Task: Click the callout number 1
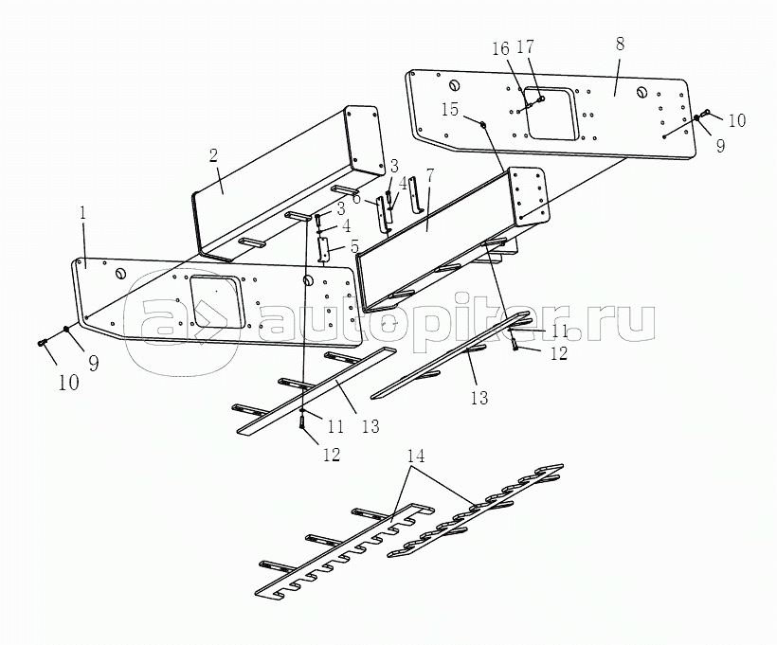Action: coord(83,213)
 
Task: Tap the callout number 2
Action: coord(213,155)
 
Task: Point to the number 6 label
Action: coord(357,199)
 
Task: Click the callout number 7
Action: coord(430,176)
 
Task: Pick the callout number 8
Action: coord(620,44)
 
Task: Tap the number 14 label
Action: coord(416,456)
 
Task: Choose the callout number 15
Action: coord(450,110)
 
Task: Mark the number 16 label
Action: coord(500,48)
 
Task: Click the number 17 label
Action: coord(525,47)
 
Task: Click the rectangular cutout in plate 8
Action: coord(552,114)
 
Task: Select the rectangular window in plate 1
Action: coord(215,302)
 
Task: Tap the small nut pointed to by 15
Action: coord(483,123)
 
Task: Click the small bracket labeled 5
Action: coord(324,248)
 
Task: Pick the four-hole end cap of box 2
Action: coord(365,138)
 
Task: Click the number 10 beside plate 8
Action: coord(737,120)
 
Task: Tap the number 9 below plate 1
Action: coord(94,365)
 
